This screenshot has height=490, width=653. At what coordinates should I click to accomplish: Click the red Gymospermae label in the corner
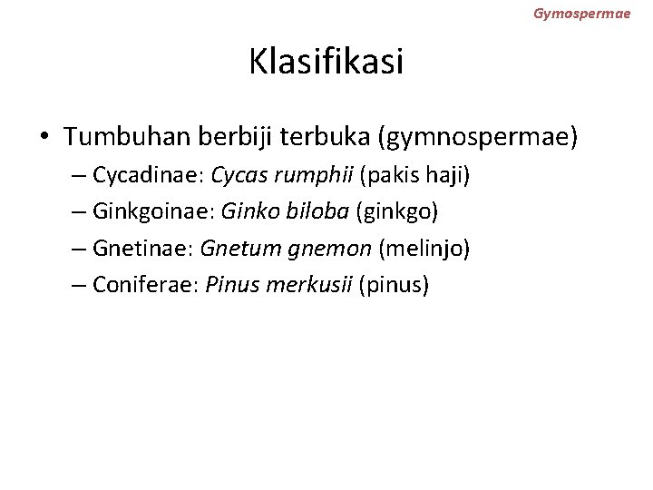[581, 14]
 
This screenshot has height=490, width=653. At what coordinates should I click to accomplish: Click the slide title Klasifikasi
[326, 63]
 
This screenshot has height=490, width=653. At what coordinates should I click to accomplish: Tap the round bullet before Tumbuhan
[44, 138]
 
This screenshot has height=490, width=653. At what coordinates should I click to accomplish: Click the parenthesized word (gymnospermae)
[482, 137]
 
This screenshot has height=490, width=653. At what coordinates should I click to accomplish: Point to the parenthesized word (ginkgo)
[398, 211]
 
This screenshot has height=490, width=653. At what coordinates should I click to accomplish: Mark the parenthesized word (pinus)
[395, 285]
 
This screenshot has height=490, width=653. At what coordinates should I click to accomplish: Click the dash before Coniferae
[78, 286]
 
